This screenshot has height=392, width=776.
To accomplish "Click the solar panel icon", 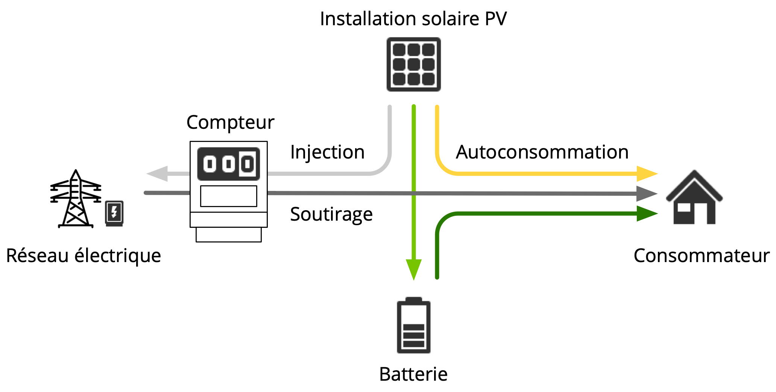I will coord(413,64).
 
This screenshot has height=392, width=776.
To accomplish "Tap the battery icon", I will coord(413,326).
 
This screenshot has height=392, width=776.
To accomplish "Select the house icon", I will coord(694,198).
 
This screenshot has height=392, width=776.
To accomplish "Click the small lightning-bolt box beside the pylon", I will coord(114,213).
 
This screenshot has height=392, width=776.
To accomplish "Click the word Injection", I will coord(327,152).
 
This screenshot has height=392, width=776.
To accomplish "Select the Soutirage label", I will coord(331,214).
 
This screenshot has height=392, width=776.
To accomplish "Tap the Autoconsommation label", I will coord(542,152).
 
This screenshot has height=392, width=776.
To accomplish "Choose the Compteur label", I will coord(230,122).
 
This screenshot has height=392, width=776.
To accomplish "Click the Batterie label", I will coord(413,374).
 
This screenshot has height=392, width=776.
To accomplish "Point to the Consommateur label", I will coord(702,256).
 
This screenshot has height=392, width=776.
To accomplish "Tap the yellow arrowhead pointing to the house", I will coord(647,174).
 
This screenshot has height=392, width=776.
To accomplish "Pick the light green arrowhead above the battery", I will coord(413,268).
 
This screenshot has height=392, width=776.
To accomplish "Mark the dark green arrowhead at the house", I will coord(647,214).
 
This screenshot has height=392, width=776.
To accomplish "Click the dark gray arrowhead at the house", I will coord(647,194).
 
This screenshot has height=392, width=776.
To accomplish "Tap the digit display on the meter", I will coord(228,164).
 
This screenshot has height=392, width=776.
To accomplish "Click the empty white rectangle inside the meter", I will coord(228,196).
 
